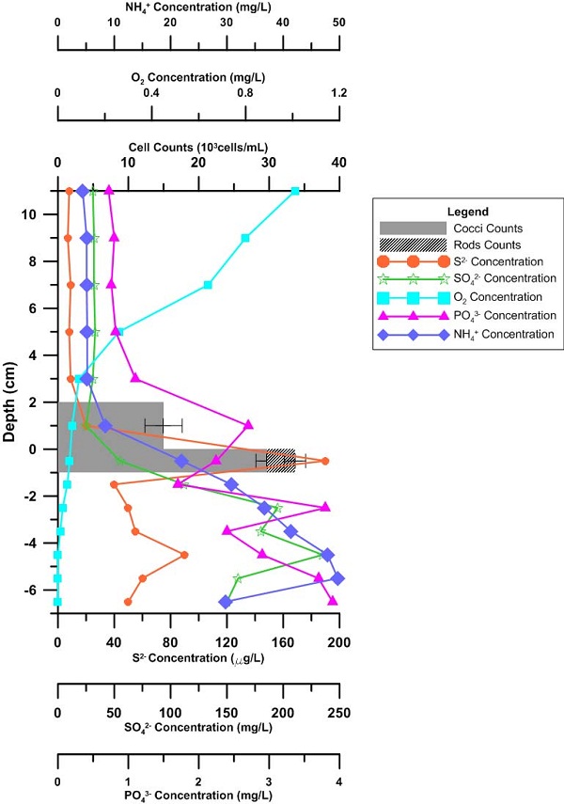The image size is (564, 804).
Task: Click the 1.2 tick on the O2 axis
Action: click(x=339, y=93)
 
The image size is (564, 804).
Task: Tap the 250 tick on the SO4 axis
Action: click(x=339, y=712)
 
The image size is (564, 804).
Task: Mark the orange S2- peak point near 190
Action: click(x=325, y=461)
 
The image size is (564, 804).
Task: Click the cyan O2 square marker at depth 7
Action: click(x=208, y=285)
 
